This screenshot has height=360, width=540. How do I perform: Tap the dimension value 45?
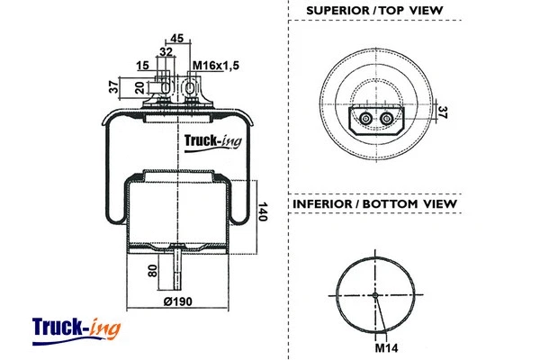click(175, 37)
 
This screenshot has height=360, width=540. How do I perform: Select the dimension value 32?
click(166, 52)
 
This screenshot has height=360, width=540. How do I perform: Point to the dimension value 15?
click(144, 67)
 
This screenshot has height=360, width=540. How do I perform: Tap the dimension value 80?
click(153, 270)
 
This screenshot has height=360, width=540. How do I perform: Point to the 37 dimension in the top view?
click(442, 112)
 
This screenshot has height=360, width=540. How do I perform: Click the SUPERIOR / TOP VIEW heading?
click(374, 11)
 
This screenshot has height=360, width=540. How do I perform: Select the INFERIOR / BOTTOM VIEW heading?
click(374, 204)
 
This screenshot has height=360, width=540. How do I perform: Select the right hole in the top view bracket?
click(387, 120)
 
